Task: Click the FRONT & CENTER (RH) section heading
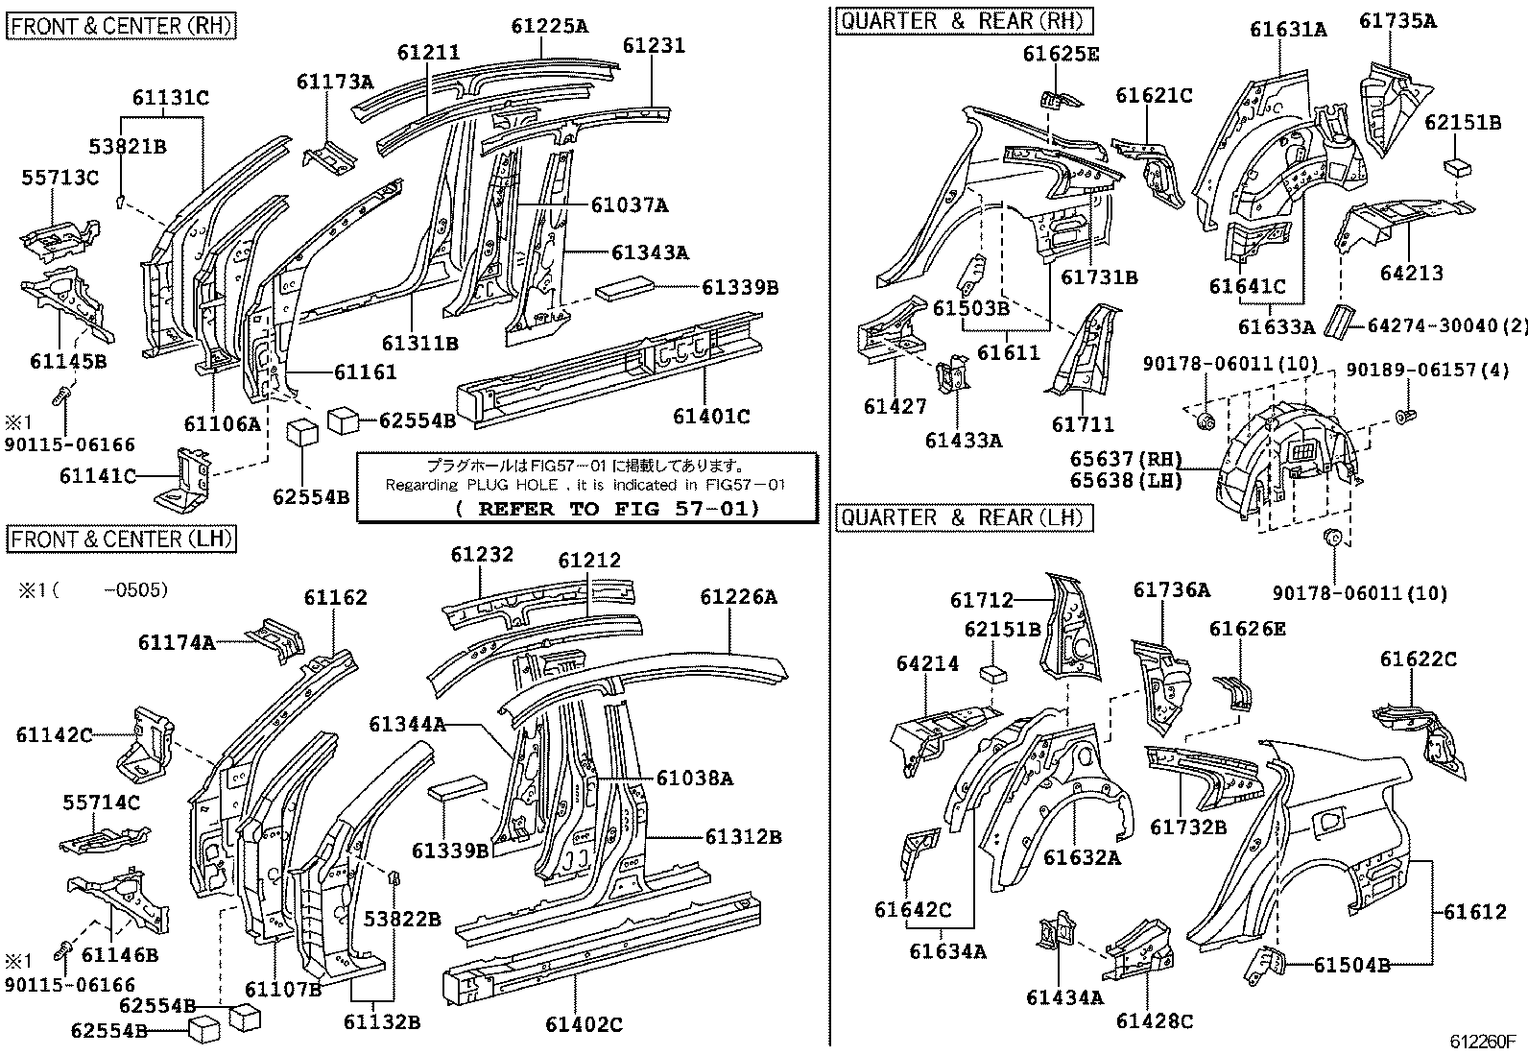click(121, 25)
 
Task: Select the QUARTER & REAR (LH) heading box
click(964, 518)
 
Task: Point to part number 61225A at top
click(549, 27)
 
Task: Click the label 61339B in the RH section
click(739, 288)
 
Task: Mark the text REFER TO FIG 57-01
click(608, 509)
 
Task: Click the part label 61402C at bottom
click(584, 1024)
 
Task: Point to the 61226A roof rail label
click(738, 597)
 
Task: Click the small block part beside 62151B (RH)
click(1457, 167)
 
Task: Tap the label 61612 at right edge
click(1475, 912)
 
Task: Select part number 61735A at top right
click(1398, 21)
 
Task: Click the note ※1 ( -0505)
click(92, 589)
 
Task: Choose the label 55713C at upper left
click(60, 178)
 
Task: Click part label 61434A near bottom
click(1064, 997)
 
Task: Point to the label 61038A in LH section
click(695, 779)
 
